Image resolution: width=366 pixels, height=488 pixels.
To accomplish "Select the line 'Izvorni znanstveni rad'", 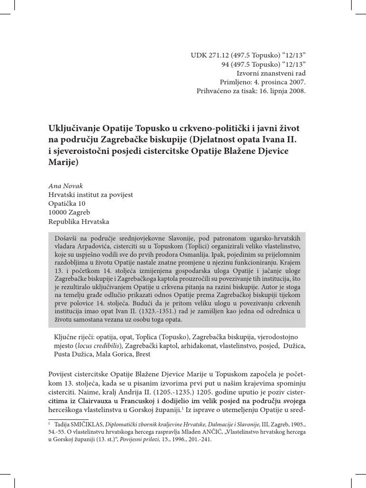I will click(x=271, y=73).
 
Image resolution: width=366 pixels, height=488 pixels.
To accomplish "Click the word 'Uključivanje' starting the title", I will click(x=74, y=129).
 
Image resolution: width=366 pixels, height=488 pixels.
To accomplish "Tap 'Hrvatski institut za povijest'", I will click(x=91, y=195).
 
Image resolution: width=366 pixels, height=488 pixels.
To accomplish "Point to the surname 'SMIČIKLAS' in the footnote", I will click(x=76, y=423).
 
